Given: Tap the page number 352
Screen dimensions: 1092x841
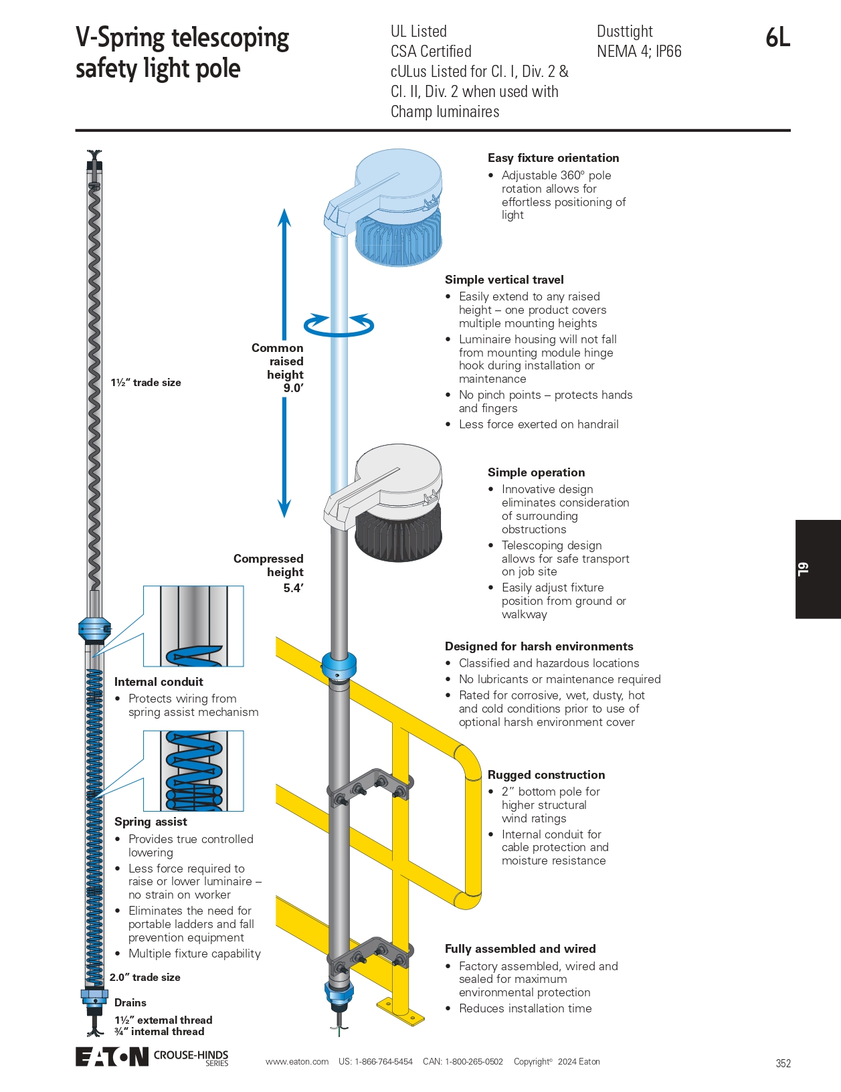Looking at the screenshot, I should [783, 1063].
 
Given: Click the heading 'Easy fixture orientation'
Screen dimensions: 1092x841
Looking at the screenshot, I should [553, 158].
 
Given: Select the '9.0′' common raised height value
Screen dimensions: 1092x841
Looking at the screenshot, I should [293, 388].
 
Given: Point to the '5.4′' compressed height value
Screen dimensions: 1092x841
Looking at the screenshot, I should [293, 588].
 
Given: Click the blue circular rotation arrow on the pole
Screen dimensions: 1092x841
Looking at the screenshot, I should [339, 325].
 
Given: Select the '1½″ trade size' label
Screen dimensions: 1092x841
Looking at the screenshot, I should [146, 383].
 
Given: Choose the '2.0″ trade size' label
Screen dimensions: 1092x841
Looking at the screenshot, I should [145, 978].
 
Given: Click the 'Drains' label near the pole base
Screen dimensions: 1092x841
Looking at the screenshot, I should [130, 1002].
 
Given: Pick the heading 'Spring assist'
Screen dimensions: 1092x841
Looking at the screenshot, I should [151, 822].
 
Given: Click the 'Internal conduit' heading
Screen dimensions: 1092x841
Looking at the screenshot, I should [159, 682].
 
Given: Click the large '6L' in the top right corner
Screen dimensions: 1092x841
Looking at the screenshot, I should [777, 38].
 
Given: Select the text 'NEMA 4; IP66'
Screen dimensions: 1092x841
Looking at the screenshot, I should [638, 52].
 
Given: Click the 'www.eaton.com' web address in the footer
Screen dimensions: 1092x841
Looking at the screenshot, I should [296, 1062].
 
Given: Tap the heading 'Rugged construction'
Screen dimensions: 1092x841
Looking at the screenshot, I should [546, 775].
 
